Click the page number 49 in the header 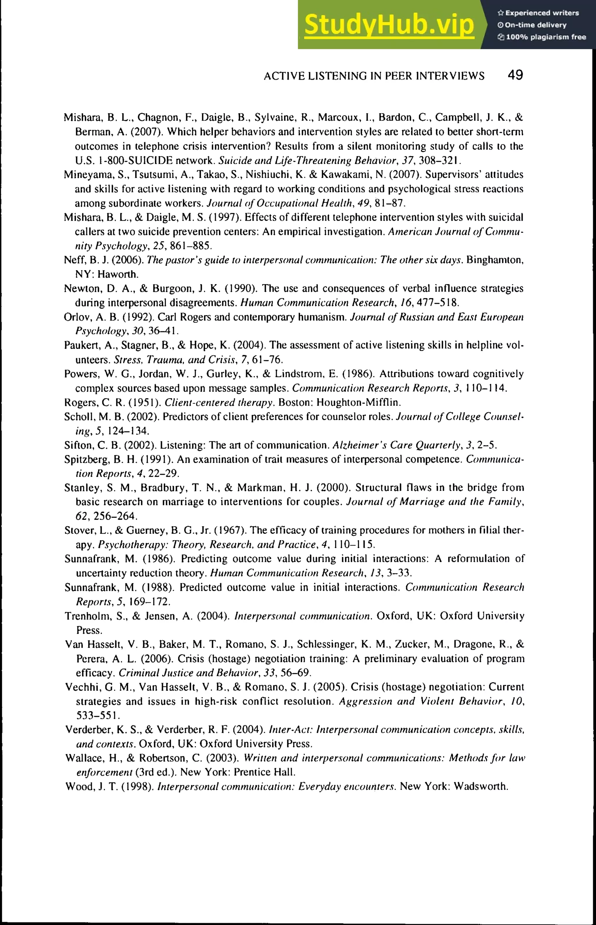click(x=515, y=75)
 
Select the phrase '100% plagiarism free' click(x=546, y=37)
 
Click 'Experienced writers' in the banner click(x=542, y=13)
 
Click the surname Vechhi click(x=79, y=687)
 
